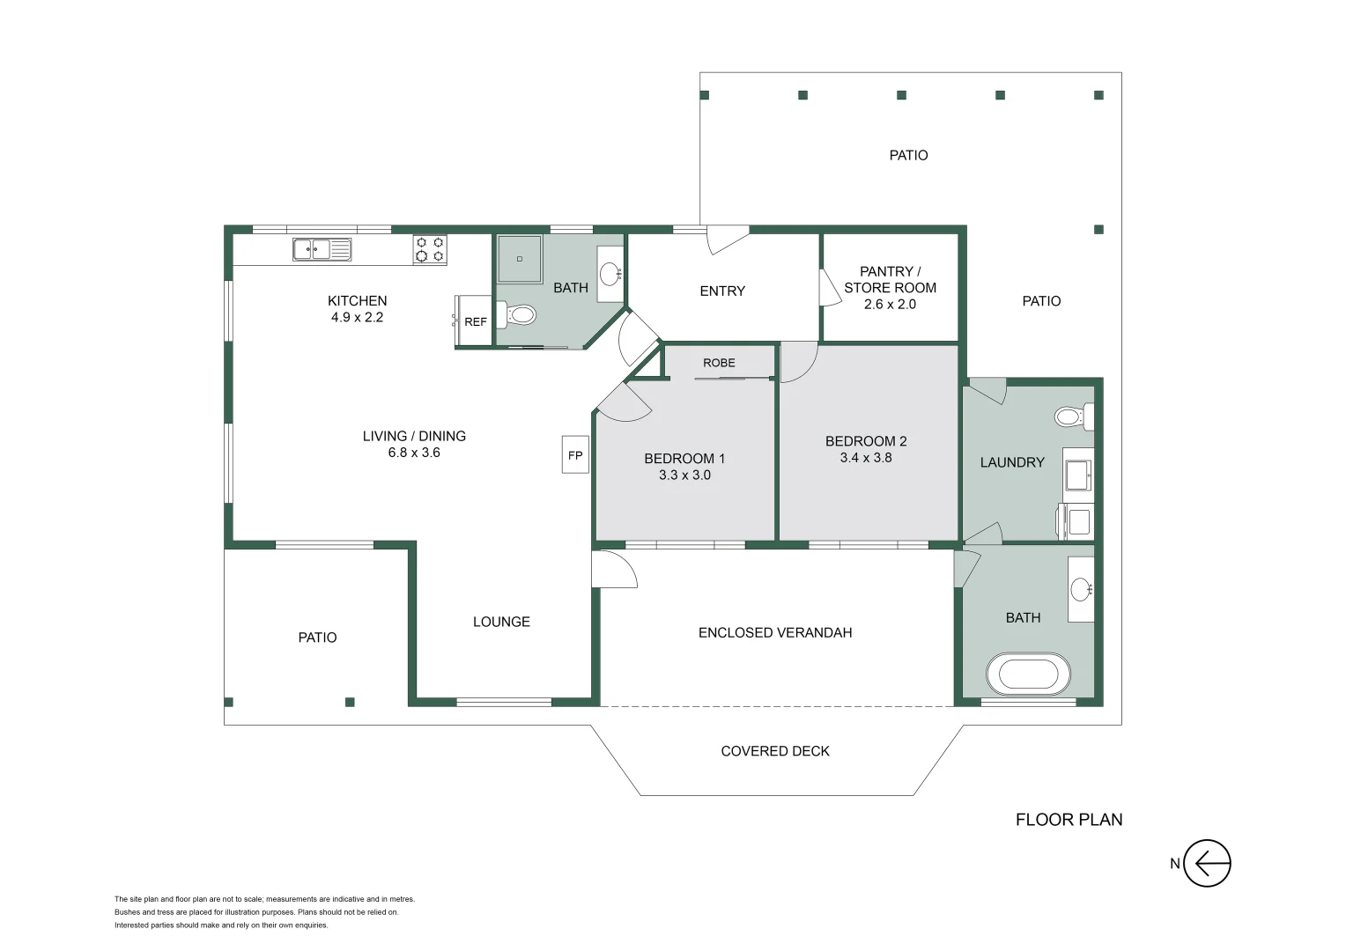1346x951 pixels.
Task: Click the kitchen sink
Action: tap(322, 250)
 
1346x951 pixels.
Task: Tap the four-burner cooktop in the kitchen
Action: tap(430, 249)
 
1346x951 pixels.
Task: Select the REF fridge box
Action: tap(474, 321)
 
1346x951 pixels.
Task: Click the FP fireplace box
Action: tap(575, 455)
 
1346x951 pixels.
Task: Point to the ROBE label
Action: tap(719, 363)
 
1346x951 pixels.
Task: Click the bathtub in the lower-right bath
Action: tap(1028, 675)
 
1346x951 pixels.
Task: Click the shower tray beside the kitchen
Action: tap(520, 259)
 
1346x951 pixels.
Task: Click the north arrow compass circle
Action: tap(1206, 863)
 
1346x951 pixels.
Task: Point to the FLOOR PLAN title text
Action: tap(1069, 820)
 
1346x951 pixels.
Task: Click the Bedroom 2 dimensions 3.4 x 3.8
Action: tap(866, 458)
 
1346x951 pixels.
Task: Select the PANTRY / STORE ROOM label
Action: tap(890, 279)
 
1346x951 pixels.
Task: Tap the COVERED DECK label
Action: tap(775, 751)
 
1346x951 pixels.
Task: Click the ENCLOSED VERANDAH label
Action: tap(775, 632)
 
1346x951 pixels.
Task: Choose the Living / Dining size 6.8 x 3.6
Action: tap(414, 453)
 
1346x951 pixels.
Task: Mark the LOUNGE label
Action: tap(501, 622)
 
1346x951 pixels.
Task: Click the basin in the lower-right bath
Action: tap(1081, 589)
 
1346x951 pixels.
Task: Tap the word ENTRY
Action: tap(722, 291)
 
